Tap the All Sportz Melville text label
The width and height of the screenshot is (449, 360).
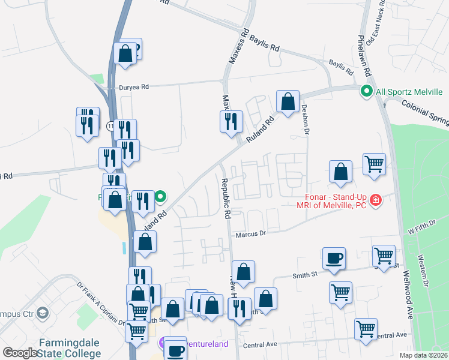coord(409,92)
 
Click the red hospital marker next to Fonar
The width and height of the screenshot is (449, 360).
coord(376,199)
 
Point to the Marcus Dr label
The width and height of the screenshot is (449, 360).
coord(250,235)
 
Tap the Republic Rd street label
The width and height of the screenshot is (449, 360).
coord(226,198)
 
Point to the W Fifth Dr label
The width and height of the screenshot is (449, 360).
coord(420,230)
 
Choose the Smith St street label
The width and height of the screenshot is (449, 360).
coord(305,275)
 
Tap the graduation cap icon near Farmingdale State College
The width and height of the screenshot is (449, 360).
coord(43,313)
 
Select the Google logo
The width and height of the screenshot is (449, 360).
coord(20,353)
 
